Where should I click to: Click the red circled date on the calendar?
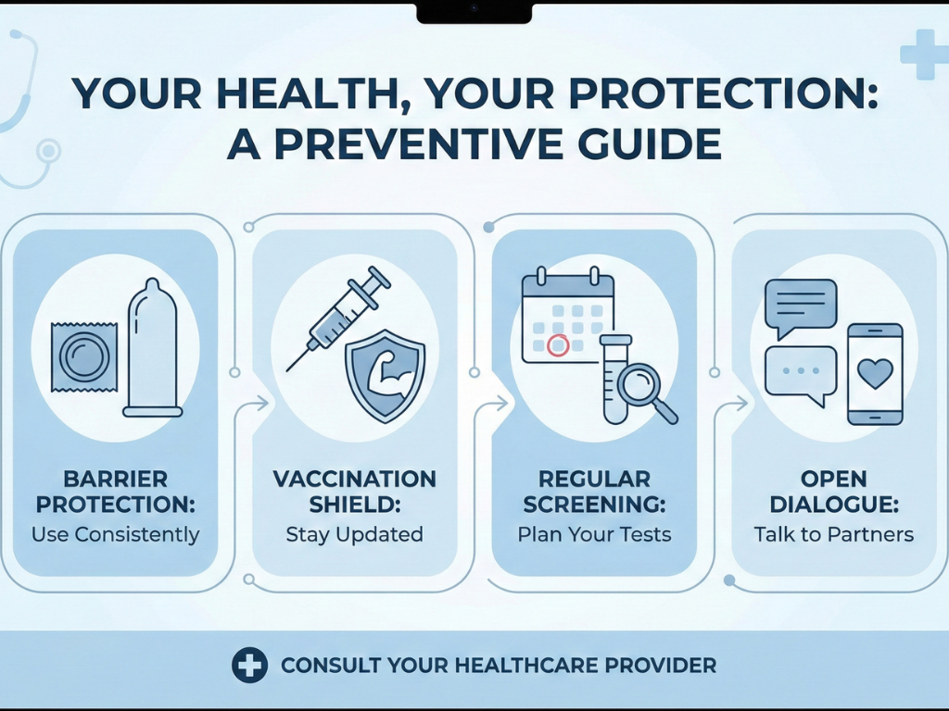558,345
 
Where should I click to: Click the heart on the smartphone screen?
875,374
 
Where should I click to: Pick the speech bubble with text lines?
800,306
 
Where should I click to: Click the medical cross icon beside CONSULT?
249,665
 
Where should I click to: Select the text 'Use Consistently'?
115,534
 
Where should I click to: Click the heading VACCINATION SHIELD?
354,492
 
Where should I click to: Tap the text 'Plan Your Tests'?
594,534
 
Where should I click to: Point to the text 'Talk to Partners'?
833,534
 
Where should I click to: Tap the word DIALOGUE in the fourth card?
833,505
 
